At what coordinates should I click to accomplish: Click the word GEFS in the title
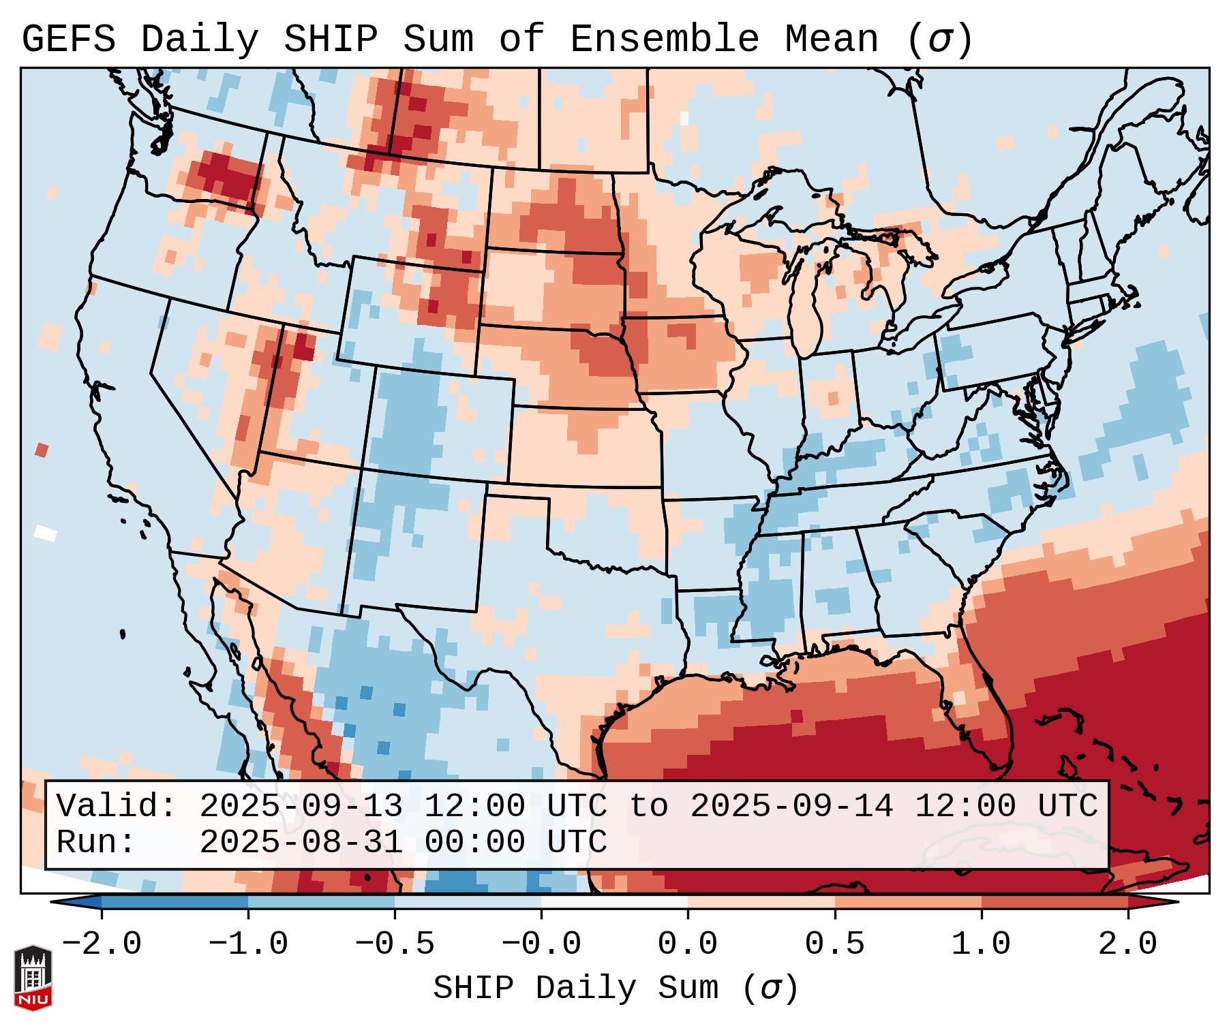click(x=68, y=40)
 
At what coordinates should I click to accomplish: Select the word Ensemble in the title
click(x=664, y=40)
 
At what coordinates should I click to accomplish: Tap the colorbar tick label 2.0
click(x=1128, y=944)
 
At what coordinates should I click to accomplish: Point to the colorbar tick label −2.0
click(x=102, y=944)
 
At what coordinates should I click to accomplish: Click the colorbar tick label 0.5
click(x=834, y=944)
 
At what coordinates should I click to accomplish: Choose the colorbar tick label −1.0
click(x=248, y=944)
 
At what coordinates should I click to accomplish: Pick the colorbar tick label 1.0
click(x=981, y=944)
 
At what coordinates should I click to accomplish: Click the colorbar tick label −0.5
click(x=395, y=944)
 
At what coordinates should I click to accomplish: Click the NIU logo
click(x=33, y=978)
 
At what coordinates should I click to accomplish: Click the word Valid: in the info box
click(x=117, y=807)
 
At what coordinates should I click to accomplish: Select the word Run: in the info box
click(x=96, y=843)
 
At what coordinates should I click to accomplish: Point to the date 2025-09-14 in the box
click(x=791, y=807)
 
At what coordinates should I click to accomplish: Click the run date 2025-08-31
click(x=301, y=843)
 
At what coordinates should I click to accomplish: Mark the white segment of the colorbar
click(x=614, y=902)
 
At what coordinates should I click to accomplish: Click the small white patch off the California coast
click(x=46, y=532)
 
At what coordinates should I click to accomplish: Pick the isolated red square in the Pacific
click(x=42, y=450)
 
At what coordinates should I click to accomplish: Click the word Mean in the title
click(x=832, y=40)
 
